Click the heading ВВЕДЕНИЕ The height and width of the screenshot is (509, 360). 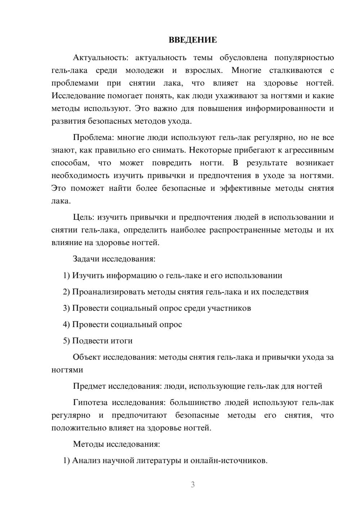click(x=193, y=40)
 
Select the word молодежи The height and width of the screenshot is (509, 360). click(x=144, y=71)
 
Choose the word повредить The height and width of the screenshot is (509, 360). click(x=172, y=163)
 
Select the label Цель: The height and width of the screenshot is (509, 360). click(x=84, y=217)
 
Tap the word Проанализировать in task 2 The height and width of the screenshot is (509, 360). click(x=108, y=292)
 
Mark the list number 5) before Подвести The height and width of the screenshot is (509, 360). click(x=66, y=341)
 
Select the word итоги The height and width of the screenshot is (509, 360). click(x=121, y=341)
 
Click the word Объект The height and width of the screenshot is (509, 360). click(x=87, y=357)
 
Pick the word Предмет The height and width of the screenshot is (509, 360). click(x=89, y=386)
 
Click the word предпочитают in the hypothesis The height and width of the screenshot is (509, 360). click(x=139, y=415)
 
